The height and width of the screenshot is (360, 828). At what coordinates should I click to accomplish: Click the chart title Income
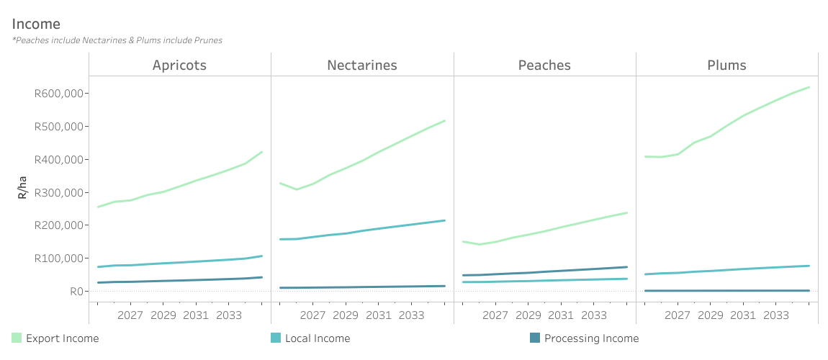[x=36, y=24]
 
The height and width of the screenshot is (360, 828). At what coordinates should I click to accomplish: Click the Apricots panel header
[x=179, y=65]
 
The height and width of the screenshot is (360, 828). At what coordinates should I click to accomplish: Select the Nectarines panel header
[x=362, y=65]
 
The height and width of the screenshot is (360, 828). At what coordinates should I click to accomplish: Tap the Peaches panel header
[x=544, y=65]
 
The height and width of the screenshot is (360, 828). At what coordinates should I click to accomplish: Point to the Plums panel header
[x=726, y=65]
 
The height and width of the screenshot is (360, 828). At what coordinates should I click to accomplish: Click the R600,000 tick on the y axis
[x=60, y=94]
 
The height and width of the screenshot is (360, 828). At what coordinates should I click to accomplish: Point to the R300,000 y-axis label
[x=60, y=192]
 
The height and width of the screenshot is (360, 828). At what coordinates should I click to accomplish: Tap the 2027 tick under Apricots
[x=130, y=315]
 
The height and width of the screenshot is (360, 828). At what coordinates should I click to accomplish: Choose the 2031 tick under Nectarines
[x=378, y=315]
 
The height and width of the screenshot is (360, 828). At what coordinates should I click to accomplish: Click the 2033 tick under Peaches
[x=593, y=315]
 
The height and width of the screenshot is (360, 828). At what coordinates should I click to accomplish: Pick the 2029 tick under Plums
[x=711, y=315]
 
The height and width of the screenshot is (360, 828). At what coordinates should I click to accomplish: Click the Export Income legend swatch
[x=17, y=338]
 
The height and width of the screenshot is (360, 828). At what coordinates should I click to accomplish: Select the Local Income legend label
[x=318, y=338]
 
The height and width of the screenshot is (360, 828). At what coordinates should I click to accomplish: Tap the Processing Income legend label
[x=591, y=338]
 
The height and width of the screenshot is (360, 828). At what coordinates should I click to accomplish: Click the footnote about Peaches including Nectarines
[x=117, y=40]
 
